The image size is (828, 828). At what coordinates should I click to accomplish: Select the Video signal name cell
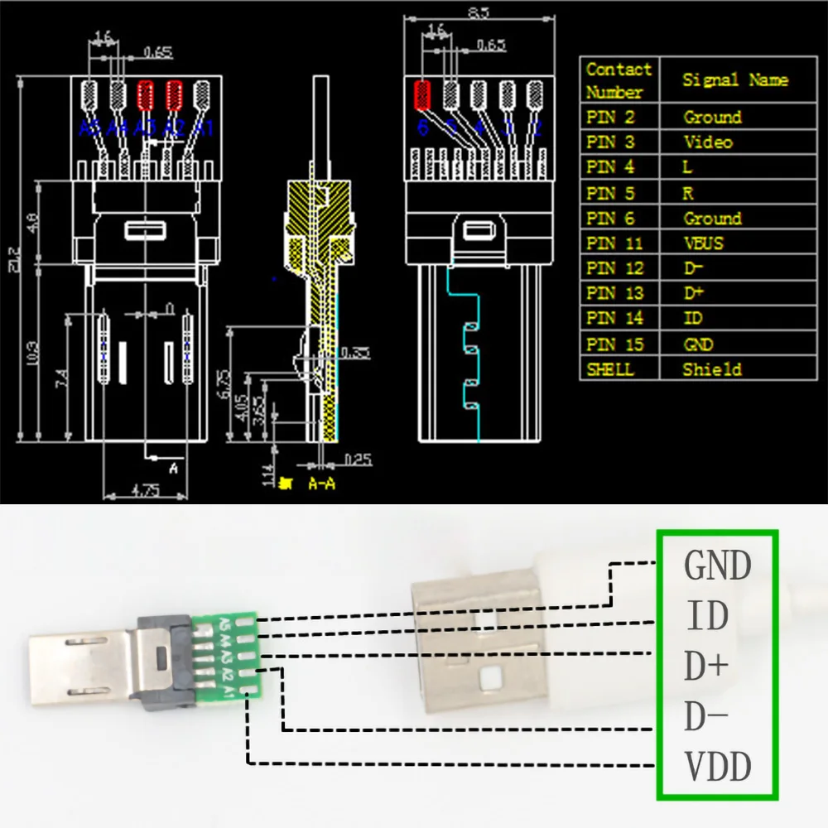[x=708, y=142]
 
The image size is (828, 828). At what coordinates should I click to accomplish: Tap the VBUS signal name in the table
[x=703, y=243]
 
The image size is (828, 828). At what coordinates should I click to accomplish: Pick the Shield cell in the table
[x=711, y=369]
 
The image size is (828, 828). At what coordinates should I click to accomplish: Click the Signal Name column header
[x=734, y=80]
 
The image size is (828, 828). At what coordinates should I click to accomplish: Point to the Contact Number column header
[x=618, y=80]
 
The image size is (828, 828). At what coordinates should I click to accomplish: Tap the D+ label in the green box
[x=706, y=667]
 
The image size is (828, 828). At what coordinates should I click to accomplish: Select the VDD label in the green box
[x=718, y=767]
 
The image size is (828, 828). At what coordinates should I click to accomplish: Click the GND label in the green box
[x=717, y=566]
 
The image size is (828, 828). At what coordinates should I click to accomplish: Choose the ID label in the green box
[x=706, y=616]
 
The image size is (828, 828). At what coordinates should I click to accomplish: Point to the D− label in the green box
[x=706, y=717]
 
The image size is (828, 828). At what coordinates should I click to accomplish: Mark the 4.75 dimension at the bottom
[x=146, y=489]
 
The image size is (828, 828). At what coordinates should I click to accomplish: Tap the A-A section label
[x=321, y=483]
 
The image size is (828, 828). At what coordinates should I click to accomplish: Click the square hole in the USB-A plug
[x=491, y=680]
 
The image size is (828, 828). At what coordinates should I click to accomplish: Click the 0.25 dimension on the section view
[x=358, y=457]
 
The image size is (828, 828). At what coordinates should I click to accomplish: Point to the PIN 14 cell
[x=614, y=319]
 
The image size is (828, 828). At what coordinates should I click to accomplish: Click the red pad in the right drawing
[x=422, y=95]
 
